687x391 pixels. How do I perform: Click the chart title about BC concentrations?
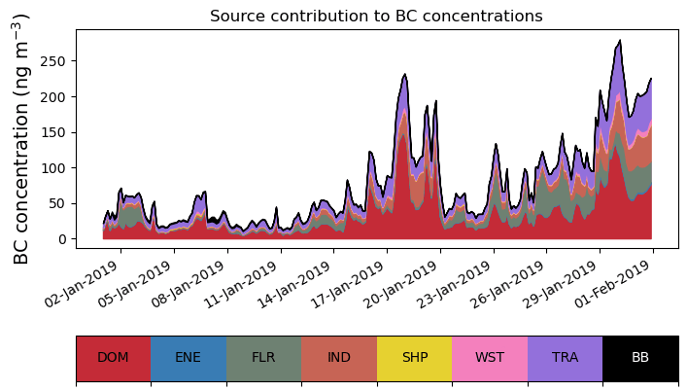(x=376, y=16)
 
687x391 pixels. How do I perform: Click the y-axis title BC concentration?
(x=22, y=139)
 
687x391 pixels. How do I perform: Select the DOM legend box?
(x=114, y=358)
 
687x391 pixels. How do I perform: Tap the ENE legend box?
(x=189, y=358)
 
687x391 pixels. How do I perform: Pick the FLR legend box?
(x=263, y=358)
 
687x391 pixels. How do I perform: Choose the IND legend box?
(x=339, y=358)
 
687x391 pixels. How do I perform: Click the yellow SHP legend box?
(x=414, y=358)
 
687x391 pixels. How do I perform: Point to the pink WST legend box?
(x=490, y=358)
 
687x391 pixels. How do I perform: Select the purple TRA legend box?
(x=565, y=358)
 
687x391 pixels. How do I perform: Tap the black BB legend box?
(x=640, y=358)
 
